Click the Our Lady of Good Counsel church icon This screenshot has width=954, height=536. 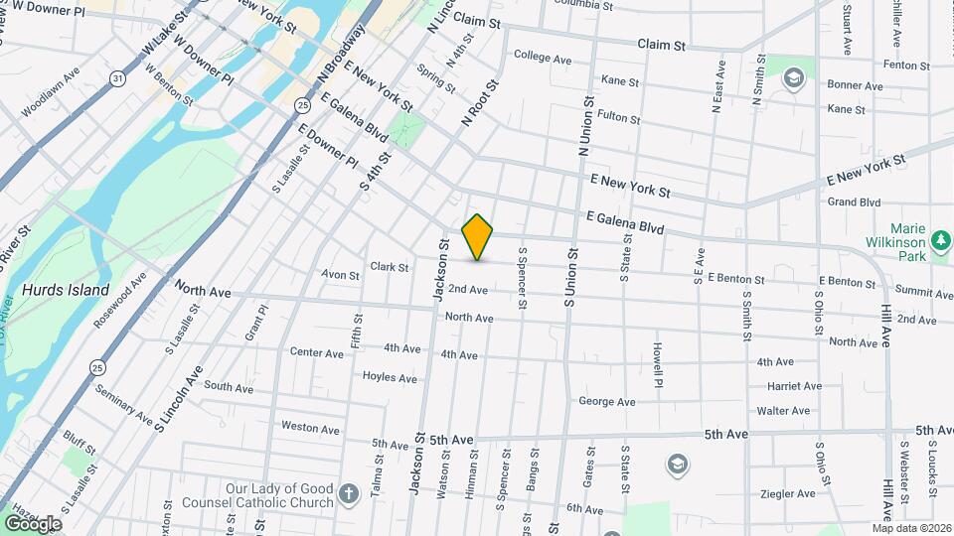point(348,493)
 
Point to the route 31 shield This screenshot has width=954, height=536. point(118,76)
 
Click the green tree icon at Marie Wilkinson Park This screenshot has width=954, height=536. point(940,241)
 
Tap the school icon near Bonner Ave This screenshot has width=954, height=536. point(793,77)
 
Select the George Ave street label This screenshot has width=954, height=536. point(606,402)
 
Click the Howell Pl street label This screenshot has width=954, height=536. point(658,365)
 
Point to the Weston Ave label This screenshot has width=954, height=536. point(310,428)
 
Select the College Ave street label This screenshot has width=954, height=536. point(543,59)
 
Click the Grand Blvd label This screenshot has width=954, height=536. point(854,202)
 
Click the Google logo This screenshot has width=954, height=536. point(33,523)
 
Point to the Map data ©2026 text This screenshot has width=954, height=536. point(911,528)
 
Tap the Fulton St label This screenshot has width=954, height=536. point(619,117)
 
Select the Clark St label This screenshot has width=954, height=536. point(389,267)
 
